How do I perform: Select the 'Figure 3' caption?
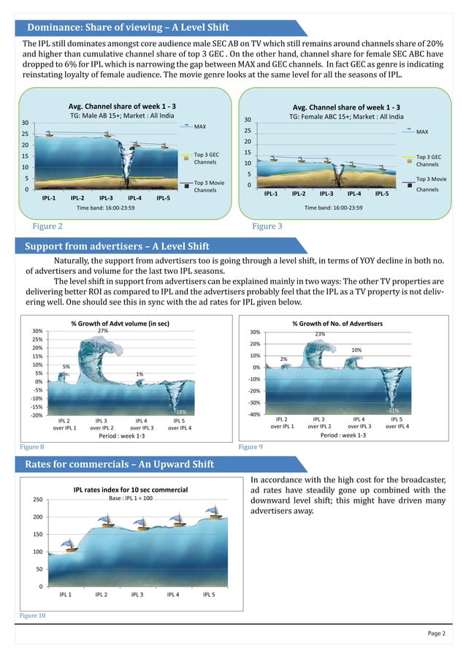(x=267, y=226)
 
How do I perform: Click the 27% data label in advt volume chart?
(x=102, y=331)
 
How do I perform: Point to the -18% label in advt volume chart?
(x=180, y=412)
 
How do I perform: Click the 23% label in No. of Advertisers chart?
(x=320, y=334)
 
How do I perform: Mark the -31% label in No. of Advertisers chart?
(x=392, y=411)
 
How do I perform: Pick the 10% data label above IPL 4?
(x=357, y=351)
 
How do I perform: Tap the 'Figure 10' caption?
(x=32, y=617)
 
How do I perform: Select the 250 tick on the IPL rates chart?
(x=37, y=500)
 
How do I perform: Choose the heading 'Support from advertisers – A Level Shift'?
(x=117, y=245)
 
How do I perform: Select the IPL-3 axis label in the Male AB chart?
(x=106, y=197)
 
